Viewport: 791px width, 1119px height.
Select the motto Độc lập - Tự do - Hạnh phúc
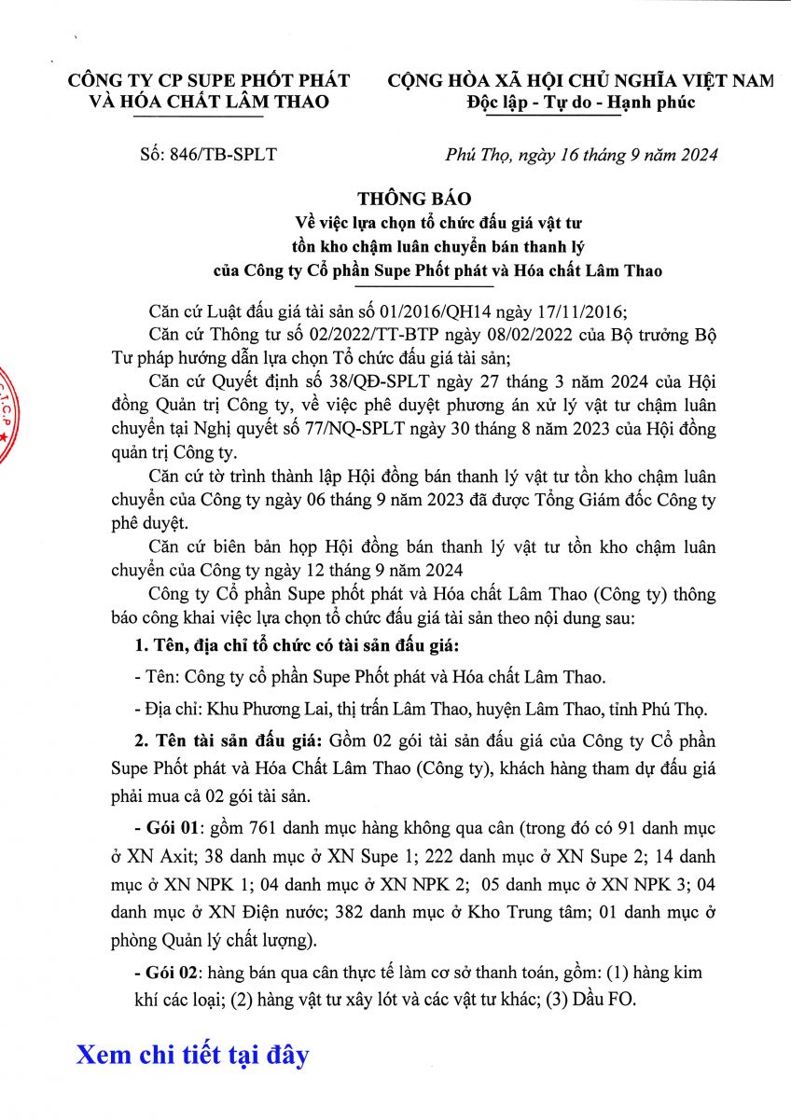click(581, 102)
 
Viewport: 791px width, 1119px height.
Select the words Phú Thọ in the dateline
click(472, 155)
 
